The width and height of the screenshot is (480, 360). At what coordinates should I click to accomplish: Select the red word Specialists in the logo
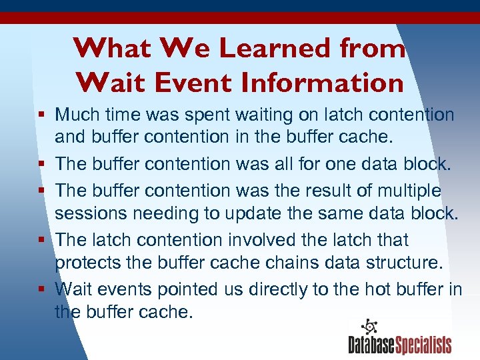(423, 345)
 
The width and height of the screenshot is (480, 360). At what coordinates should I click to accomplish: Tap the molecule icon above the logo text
(369, 327)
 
